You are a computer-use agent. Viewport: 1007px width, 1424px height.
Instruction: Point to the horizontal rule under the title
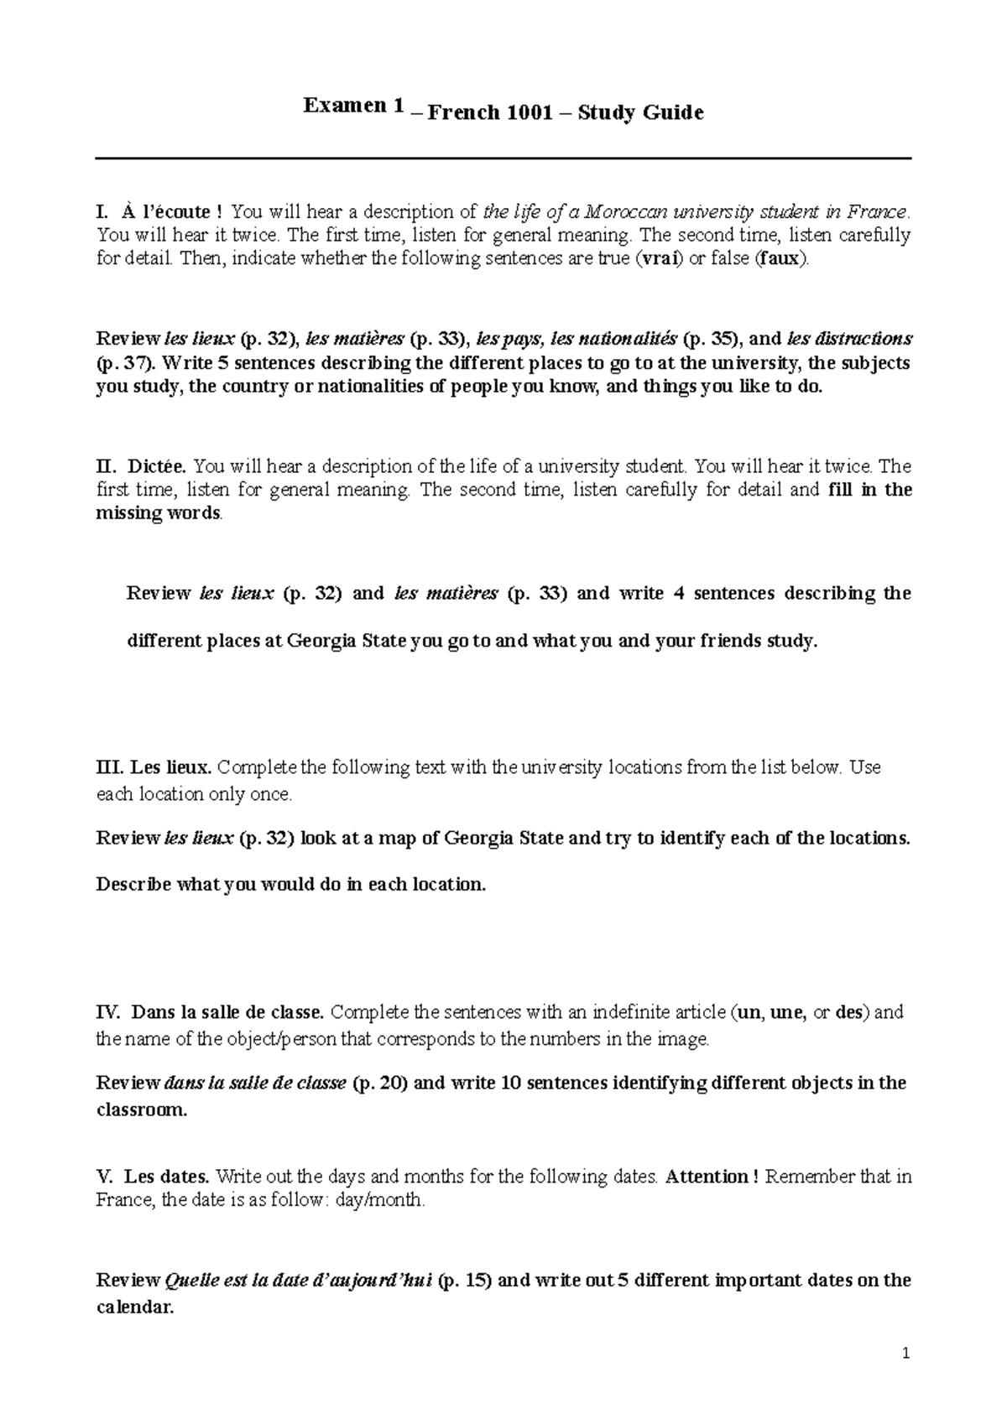503,158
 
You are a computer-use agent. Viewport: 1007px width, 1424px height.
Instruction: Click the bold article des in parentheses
850,1012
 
